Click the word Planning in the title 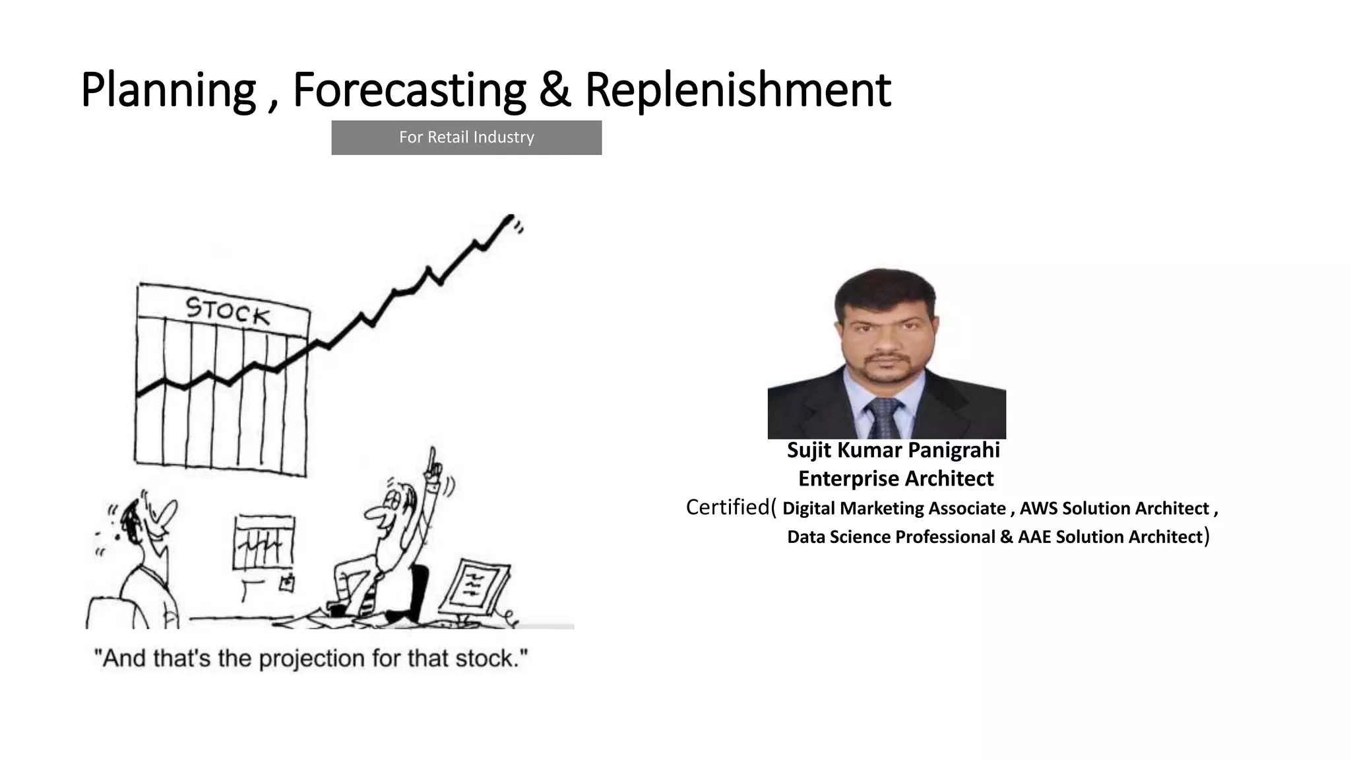pyautogui.click(x=168, y=90)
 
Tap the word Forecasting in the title pyautogui.click(x=409, y=90)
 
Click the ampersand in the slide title pyautogui.click(x=555, y=90)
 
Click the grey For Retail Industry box pyautogui.click(x=466, y=137)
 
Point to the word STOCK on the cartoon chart pyautogui.click(x=228, y=311)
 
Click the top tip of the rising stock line pyautogui.click(x=509, y=218)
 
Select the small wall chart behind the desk pyautogui.click(x=263, y=542)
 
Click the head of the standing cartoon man pyautogui.click(x=148, y=522)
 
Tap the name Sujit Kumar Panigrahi pyautogui.click(x=893, y=450)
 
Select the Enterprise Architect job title pyautogui.click(x=895, y=478)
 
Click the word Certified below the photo pyautogui.click(x=727, y=507)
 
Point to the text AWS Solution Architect pyautogui.click(x=1114, y=508)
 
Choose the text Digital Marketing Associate pyautogui.click(x=894, y=508)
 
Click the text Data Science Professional pyautogui.click(x=891, y=537)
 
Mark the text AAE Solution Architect pyautogui.click(x=1110, y=537)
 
